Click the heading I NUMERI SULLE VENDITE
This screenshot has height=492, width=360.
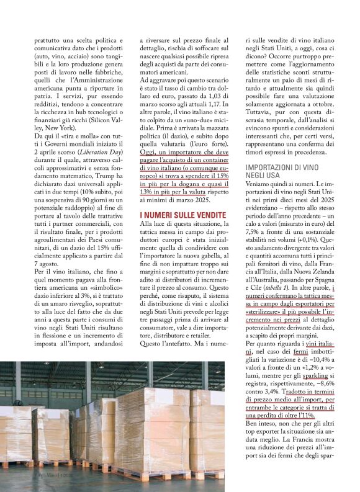click(x=179, y=214)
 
